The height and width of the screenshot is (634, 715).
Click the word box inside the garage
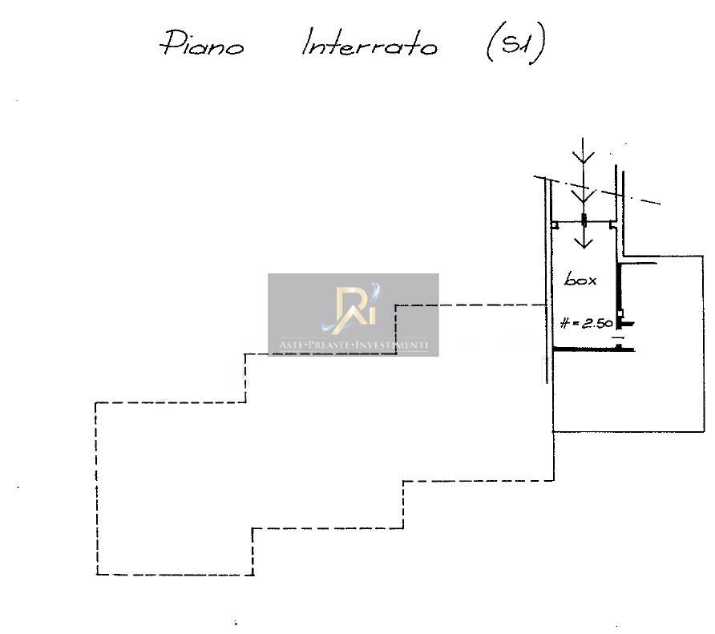point(580,280)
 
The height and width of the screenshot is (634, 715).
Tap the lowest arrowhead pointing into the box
point(584,240)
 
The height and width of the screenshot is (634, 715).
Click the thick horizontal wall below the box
point(594,349)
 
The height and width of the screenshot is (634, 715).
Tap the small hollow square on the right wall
point(620,313)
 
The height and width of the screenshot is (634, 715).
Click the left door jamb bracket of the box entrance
point(554,227)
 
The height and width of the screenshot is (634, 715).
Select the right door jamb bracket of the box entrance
point(613,227)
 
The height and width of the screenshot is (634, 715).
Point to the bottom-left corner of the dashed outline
point(97,574)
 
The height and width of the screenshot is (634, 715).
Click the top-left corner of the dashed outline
point(96,402)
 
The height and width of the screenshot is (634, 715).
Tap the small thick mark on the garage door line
point(584,220)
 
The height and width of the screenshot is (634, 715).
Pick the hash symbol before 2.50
point(565,323)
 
